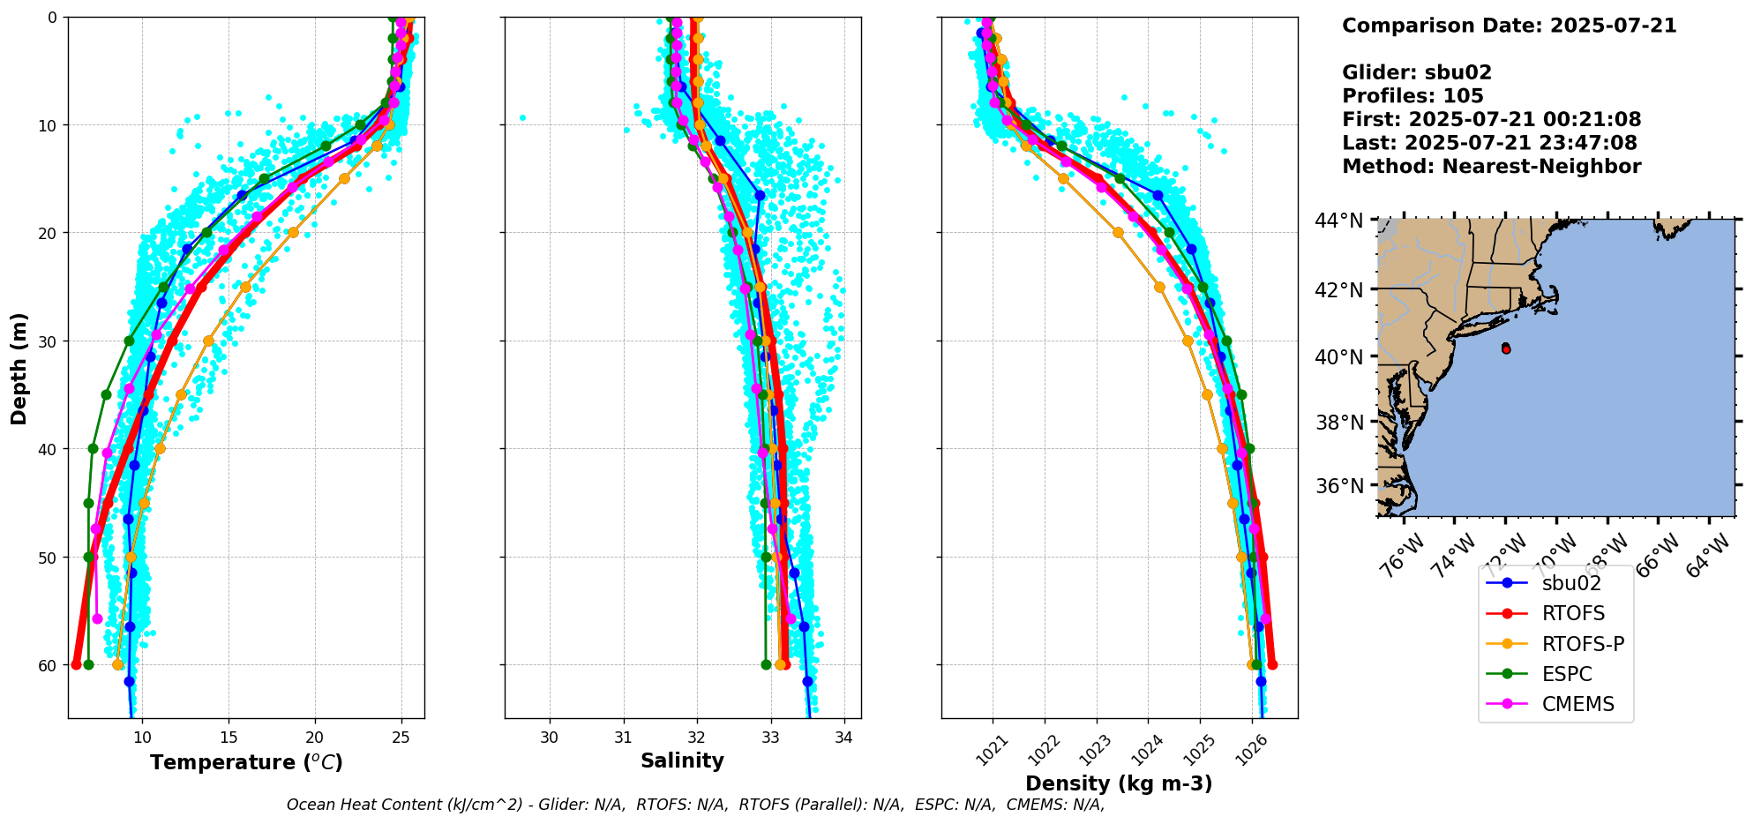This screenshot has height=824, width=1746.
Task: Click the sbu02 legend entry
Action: pos(1571,583)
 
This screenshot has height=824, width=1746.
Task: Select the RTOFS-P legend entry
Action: pos(1583,644)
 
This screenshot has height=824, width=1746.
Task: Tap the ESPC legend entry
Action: pos(1567,674)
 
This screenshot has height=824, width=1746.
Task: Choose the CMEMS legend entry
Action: pos(1577,704)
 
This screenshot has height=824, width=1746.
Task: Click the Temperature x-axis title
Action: pos(246,762)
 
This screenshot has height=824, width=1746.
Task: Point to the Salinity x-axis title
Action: pos(682,760)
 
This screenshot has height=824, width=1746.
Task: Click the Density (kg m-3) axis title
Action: pos(1119,783)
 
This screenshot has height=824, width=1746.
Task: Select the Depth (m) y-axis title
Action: pos(19,368)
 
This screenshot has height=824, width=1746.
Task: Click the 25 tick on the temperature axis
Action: pos(401,737)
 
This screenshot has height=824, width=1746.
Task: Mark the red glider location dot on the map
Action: pos(1506,349)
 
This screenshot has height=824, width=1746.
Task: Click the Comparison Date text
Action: pos(1509,26)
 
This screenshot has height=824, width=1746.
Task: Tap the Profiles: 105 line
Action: pos(1413,96)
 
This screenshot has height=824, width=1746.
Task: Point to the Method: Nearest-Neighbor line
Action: pos(1491,167)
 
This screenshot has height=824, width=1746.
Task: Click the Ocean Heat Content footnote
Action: pos(695,805)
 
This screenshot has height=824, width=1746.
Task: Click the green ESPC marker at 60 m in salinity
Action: pos(766,664)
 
